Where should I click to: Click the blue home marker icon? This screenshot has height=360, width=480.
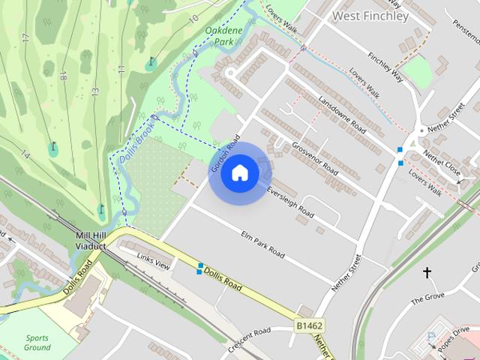click(x=239, y=172)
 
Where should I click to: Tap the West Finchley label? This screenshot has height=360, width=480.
click(x=370, y=15)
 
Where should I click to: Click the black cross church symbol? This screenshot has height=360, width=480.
click(x=427, y=273)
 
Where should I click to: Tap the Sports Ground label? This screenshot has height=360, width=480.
click(x=37, y=343)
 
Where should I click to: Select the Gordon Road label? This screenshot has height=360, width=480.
click(x=225, y=154)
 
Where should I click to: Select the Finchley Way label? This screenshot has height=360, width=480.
click(x=385, y=65)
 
